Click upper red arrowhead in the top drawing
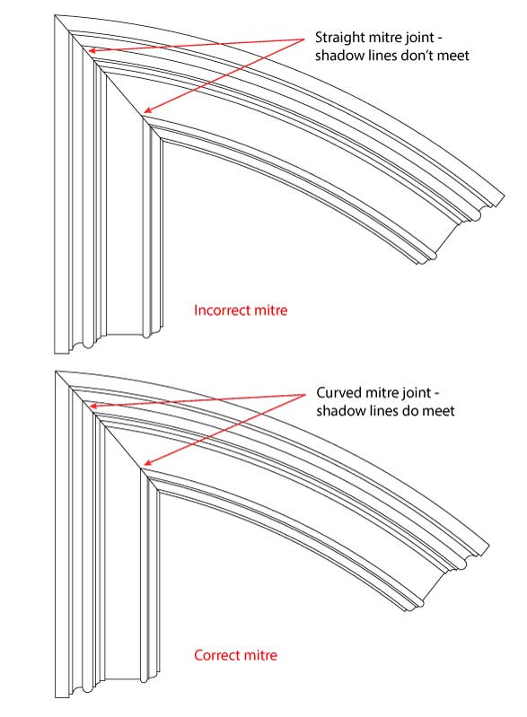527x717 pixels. pos(92,50)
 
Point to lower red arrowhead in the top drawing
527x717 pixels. pos(146,109)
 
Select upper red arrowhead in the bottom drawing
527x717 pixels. pos(92,406)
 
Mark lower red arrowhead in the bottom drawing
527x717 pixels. pos(146,463)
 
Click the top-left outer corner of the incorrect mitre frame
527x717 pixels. pos(56,15)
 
